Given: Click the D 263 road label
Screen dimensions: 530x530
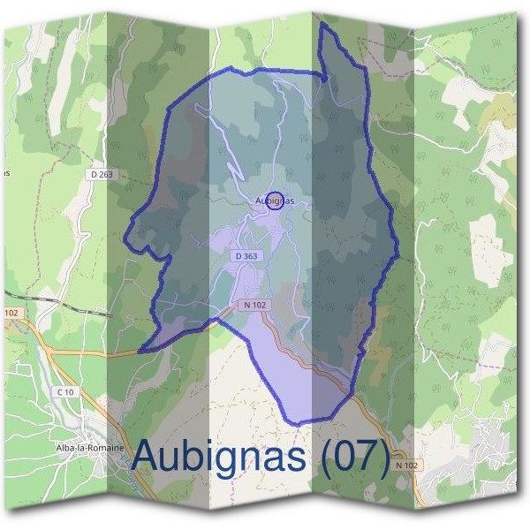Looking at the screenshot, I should coord(102,175).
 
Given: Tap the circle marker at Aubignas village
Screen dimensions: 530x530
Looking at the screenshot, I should coord(274,201).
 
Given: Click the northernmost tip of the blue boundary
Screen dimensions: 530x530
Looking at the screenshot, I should coord(322,25).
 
